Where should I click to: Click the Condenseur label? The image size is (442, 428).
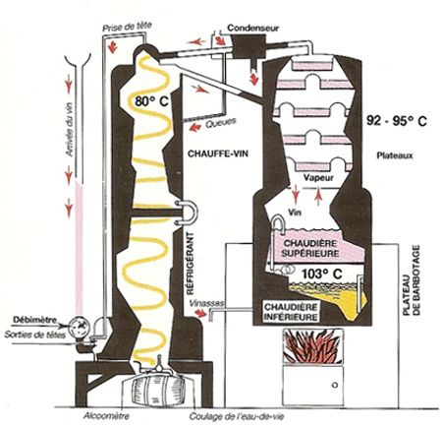point(252,28)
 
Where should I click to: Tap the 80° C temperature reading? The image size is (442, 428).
point(151,101)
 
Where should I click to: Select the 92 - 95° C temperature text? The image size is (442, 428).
point(397,121)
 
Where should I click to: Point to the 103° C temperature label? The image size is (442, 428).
point(322,274)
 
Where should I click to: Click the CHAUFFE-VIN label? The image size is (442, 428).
point(218,153)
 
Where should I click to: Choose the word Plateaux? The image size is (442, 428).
point(395,155)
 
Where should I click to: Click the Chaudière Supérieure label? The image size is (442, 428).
point(310,248)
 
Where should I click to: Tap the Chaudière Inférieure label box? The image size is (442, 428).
point(291,312)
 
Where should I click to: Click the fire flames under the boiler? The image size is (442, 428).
point(313,346)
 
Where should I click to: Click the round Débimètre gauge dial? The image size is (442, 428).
point(80,326)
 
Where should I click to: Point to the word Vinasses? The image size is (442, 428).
point(206,303)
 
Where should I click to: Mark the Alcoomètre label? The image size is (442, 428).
point(106,416)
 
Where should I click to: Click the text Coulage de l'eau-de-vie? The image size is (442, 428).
point(237,417)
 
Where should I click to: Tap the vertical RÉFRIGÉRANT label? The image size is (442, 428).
point(190,264)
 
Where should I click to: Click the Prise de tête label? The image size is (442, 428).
point(127,27)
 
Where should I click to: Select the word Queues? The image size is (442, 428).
point(221,123)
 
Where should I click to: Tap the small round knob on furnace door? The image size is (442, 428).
point(335,385)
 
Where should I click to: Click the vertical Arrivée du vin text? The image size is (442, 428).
point(70,131)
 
